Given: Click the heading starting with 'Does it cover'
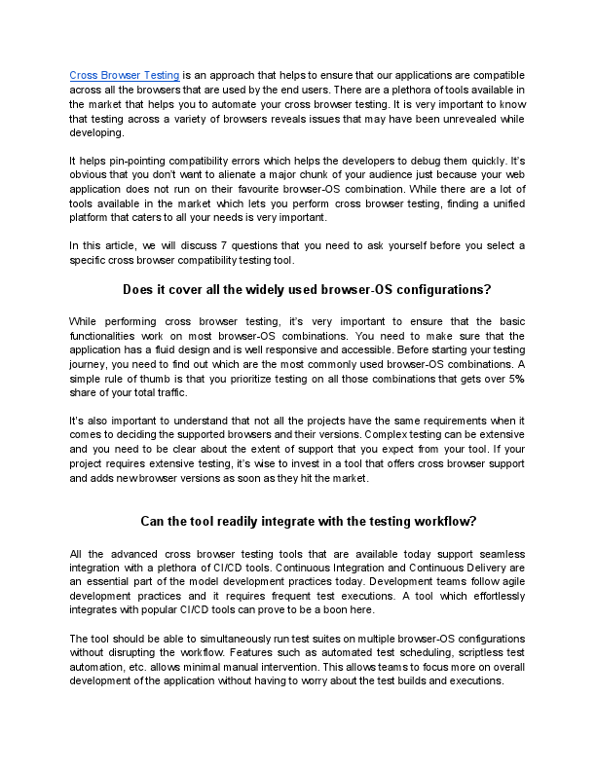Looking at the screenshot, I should point(307,289).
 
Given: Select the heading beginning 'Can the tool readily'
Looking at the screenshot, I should point(308,521).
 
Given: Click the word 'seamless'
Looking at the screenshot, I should point(497,551).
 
